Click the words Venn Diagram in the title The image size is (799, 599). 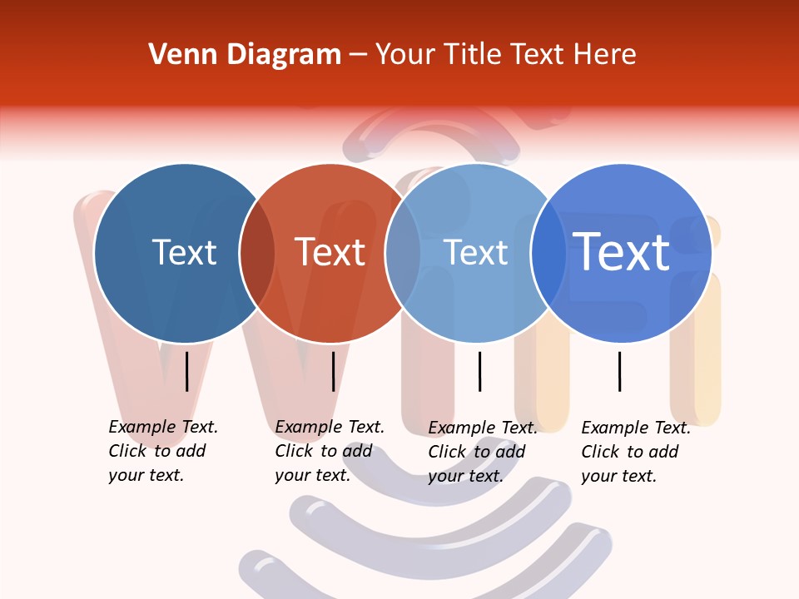[245, 55]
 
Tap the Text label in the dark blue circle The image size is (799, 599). [184, 253]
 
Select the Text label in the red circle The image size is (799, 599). [330, 253]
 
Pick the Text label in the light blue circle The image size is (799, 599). [476, 253]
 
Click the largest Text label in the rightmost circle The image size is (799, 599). [622, 252]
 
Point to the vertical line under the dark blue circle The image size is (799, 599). [186, 371]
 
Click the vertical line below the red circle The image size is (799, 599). [333, 371]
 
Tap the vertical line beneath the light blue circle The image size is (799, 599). [479, 371]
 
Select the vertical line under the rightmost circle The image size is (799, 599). [620, 371]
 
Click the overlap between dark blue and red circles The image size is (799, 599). [257, 253]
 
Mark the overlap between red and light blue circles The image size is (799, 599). [403, 253]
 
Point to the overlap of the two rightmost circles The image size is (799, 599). [548, 253]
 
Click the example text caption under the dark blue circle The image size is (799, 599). [162, 451]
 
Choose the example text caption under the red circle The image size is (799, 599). [329, 451]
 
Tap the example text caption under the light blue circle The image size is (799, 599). [482, 452]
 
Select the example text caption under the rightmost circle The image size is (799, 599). [635, 452]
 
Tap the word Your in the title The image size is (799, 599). [404, 55]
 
